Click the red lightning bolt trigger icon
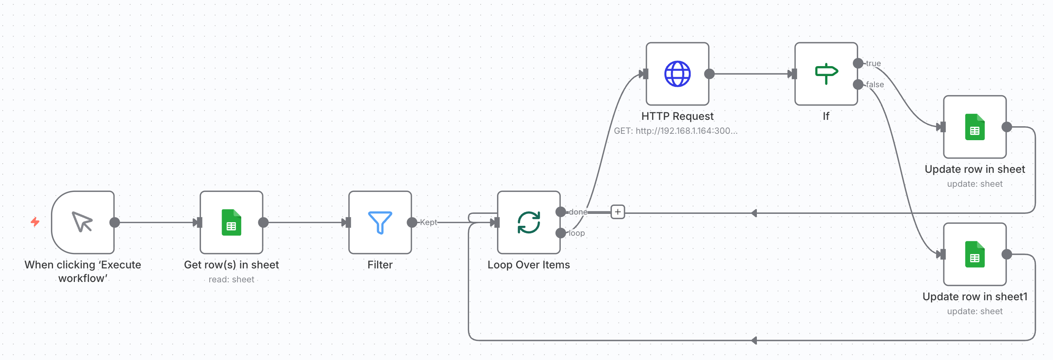pyautogui.click(x=35, y=222)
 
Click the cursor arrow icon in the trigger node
pyautogui.click(x=82, y=222)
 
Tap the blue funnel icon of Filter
pyautogui.click(x=380, y=222)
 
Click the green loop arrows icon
pyautogui.click(x=528, y=222)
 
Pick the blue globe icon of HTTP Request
pyautogui.click(x=677, y=74)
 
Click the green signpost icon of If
pyautogui.click(x=826, y=74)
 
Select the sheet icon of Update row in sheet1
pyautogui.click(x=974, y=254)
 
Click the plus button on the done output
pyautogui.click(x=618, y=212)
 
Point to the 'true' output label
pyautogui.click(x=873, y=63)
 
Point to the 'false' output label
pyautogui.click(x=875, y=84)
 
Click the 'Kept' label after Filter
pyautogui.click(x=428, y=222)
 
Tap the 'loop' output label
pyautogui.click(x=576, y=233)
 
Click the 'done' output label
pyautogui.click(x=578, y=212)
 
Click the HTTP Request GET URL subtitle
pyautogui.click(x=676, y=131)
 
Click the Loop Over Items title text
pyautogui.click(x=528, y=265)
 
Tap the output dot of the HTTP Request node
pyautogui.click(x=709, y=74)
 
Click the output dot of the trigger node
pyautogui.click(x=115, y=222)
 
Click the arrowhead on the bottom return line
pyautogui.click(x=754, y=340)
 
